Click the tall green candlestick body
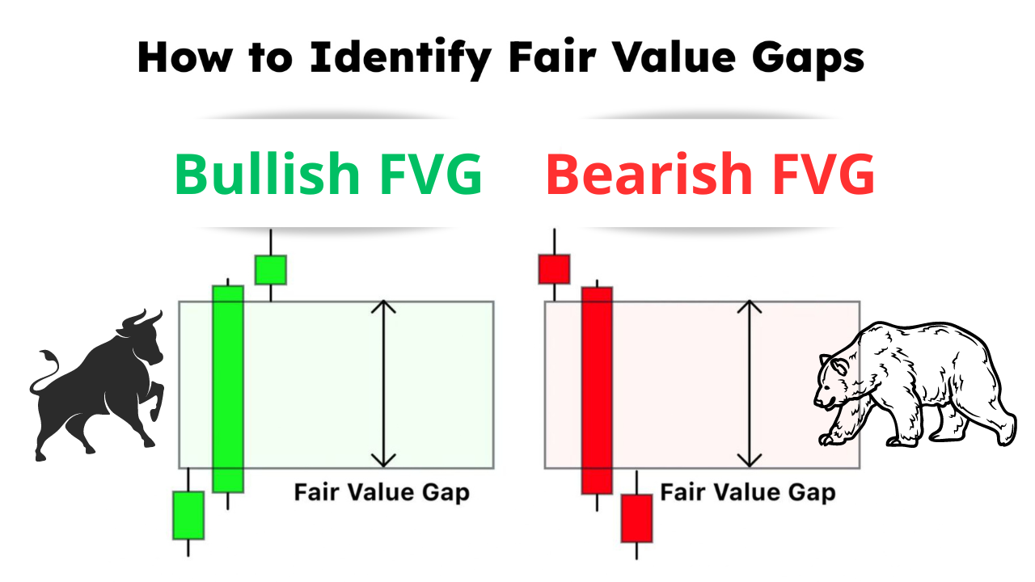228,388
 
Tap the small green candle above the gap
271,269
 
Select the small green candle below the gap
188,515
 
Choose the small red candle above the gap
554,269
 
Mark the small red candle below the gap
636,518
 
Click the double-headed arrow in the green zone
384,384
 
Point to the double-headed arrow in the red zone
750,384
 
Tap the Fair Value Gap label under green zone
382,492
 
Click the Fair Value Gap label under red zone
748,492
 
